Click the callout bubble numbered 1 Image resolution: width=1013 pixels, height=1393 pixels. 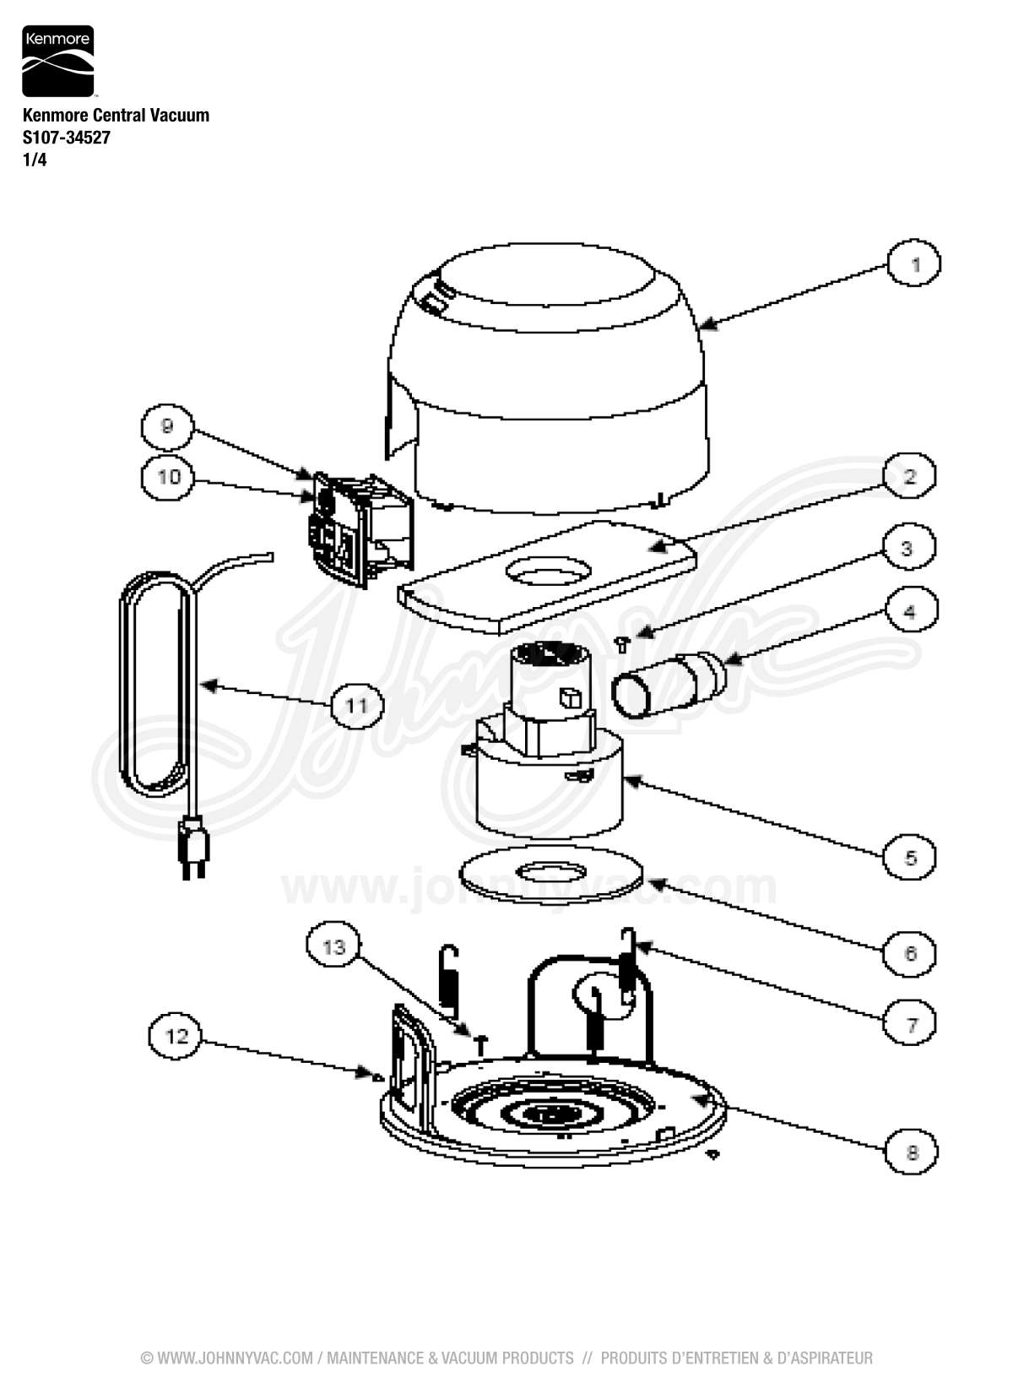[x=914, y=264]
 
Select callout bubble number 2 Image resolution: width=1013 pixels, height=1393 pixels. [x=910, y=476]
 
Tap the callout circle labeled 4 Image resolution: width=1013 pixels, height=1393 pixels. [x=909, y=610]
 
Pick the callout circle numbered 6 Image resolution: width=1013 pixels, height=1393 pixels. [x=910, y=953]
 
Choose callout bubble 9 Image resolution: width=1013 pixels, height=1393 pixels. [x=167, y=427]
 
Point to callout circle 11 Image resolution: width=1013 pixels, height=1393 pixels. [x=356, y=704]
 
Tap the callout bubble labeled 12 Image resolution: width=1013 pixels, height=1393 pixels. [x=176, y=1035]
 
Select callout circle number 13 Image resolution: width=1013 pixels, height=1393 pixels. [x=334, y=947]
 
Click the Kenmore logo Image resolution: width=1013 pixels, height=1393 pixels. [x=57, y=61]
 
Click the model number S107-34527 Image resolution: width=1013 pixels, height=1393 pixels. [x=66, y=138]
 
